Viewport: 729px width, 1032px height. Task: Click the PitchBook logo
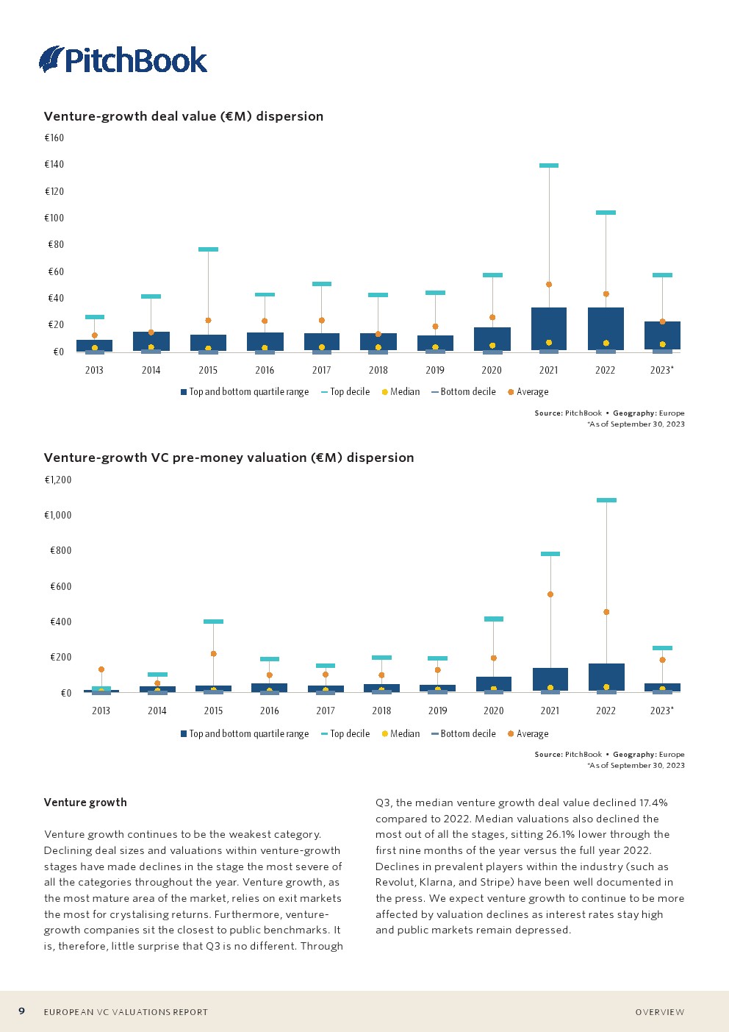click(123, 60)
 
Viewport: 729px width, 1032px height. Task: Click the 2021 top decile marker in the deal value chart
click(549, 166)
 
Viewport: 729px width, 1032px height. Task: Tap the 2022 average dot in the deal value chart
click(606, 294)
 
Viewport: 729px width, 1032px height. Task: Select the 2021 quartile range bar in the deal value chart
click(549, 328)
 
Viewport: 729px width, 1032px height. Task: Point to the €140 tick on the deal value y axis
click(54, 165)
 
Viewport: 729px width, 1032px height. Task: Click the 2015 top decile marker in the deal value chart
click(208, 249)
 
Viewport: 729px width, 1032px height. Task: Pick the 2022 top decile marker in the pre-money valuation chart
click(606, 500)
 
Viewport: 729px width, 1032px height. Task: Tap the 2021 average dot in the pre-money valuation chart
click(550, 594)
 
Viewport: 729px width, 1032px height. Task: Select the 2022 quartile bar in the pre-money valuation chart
click(606, 677)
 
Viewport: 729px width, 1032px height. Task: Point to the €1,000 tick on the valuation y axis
click(58, 515)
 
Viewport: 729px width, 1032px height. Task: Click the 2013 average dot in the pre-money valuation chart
click(101, 669)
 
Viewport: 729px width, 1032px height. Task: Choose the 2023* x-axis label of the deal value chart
click(661, 370)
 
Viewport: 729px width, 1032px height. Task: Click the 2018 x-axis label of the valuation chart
click(381, 711)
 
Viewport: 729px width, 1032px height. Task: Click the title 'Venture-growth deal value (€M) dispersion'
click(184, 116)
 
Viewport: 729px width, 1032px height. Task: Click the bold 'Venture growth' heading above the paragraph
click(85, 803)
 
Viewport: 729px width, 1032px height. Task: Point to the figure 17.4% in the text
click(653, 803)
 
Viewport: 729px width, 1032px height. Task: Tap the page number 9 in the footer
click(22, 1011)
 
